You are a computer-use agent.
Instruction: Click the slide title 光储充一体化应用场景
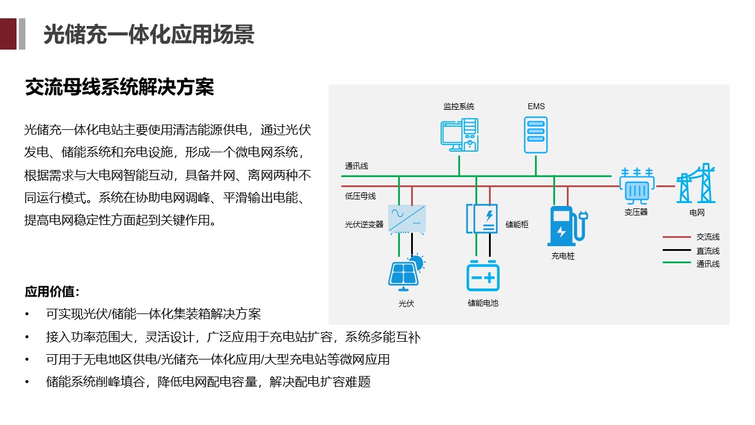pyautogui.click(x=149, y=35)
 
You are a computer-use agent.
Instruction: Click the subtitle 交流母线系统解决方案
pyautogui.click(x=119, y=87)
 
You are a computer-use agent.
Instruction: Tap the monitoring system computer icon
pyautogui.click(x=459, y=134)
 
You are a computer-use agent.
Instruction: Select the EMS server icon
pyautogui.click(x=536, y=134)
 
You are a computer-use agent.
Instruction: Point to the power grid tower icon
pyautogui.click(x=696, y=184)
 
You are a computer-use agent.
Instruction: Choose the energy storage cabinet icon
pyautogui.click(x=482, y=218)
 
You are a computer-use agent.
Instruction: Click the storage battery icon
pyautogui.click(x=483, y=276)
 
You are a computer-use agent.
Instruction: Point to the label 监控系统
pyautogui.click(x=459, y=107)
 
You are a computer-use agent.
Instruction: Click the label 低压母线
pyautogui.click(x=360, y=196)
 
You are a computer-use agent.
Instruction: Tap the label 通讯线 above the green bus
pyautogui.click(x=356, y=166)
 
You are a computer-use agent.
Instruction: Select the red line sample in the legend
pyautogui.click(x=676, y=237)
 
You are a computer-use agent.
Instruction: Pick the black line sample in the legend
pyautogui.click(x=676, y=250)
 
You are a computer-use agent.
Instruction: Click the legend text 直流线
pyautogui.click(x=708, y=251)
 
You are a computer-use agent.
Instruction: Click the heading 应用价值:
pyautogui.click(x=52, y=292)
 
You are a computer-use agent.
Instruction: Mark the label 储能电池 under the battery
pyautogui.click(x=483, y=303)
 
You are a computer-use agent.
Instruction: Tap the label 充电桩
pyautogui.click(x=563, y=256)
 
